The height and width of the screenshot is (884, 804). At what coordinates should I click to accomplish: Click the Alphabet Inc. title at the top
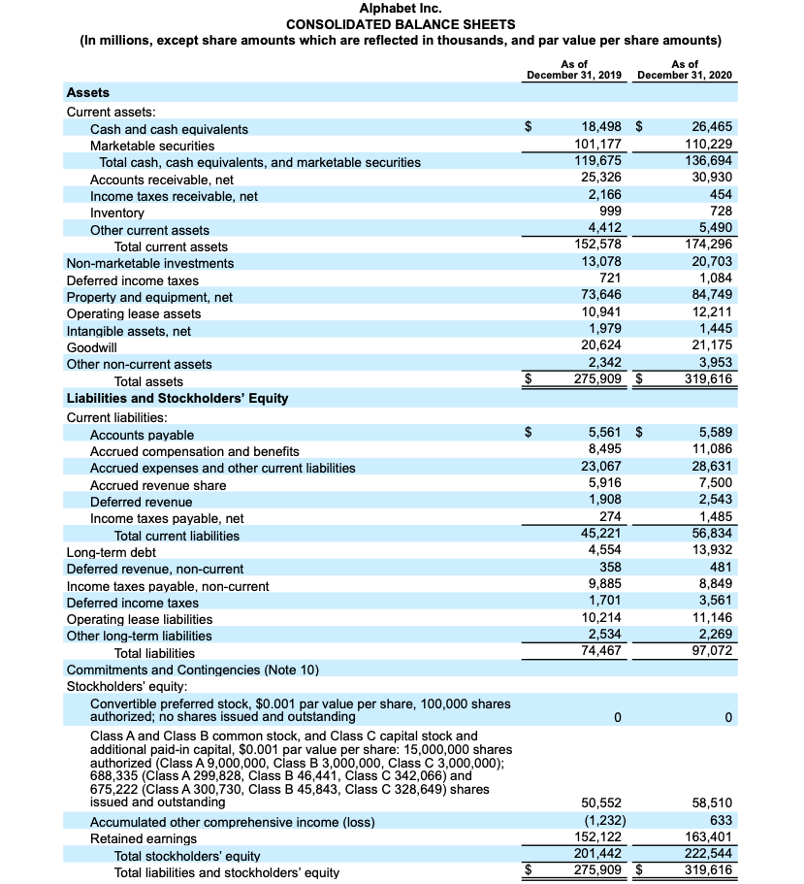(x=402, y=9)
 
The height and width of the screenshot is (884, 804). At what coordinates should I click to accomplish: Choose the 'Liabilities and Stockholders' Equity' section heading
(x=177, y=399)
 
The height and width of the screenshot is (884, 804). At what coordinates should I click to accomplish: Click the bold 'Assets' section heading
(x=87, y=93)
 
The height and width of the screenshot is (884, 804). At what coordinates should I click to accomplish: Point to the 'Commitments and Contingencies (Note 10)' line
(x=192, y=671)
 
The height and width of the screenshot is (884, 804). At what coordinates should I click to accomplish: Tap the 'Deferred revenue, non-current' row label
(x=154, y=569)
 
